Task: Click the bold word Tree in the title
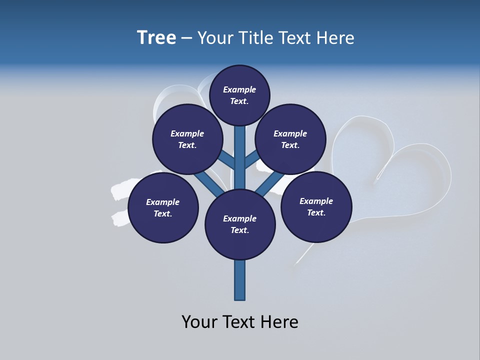[156, 38]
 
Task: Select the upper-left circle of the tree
[187, 139]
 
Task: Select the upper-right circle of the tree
[290, 139]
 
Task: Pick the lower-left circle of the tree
[163, 208]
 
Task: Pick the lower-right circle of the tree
[316, 207]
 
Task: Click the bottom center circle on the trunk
[240, 224]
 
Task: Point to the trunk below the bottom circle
[240, 280]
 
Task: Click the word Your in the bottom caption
[199, 322]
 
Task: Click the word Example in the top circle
[239, 90]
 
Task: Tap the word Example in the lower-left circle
[163, 202]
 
